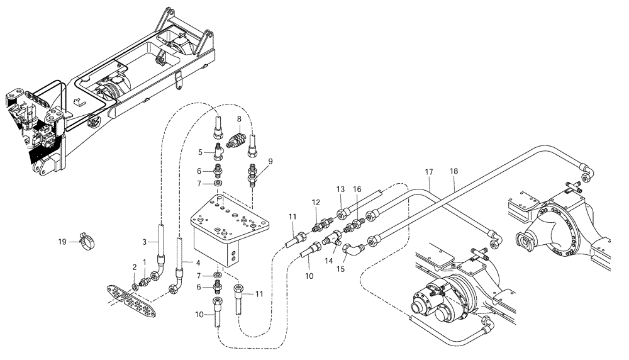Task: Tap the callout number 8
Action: tap(240, 118)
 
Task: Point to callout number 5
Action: tap(199, 152)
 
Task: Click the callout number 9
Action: tap(270, 161)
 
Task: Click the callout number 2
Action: tap(134, 267)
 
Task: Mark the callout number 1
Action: tap(144, 261)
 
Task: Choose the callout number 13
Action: tap(341, 189)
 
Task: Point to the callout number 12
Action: tap(316, 202)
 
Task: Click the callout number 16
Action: tap(357, 189)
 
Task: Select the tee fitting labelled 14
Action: tap(331, 239)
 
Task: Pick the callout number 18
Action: tap(454, 171)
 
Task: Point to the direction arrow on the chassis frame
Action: tap(78, 101)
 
